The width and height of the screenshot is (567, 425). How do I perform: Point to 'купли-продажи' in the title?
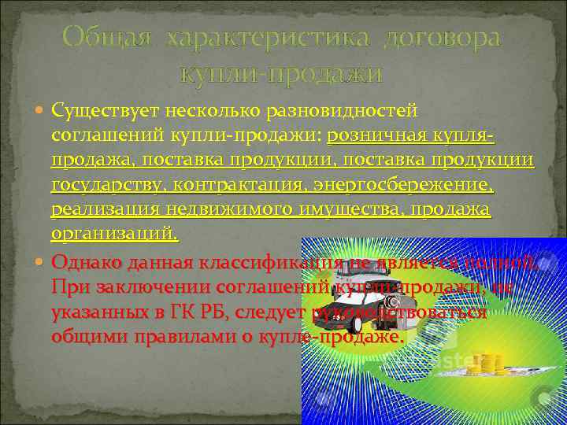click(x=282, y=75)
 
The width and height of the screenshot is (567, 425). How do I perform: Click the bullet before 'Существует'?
click(x=42, y=112)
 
